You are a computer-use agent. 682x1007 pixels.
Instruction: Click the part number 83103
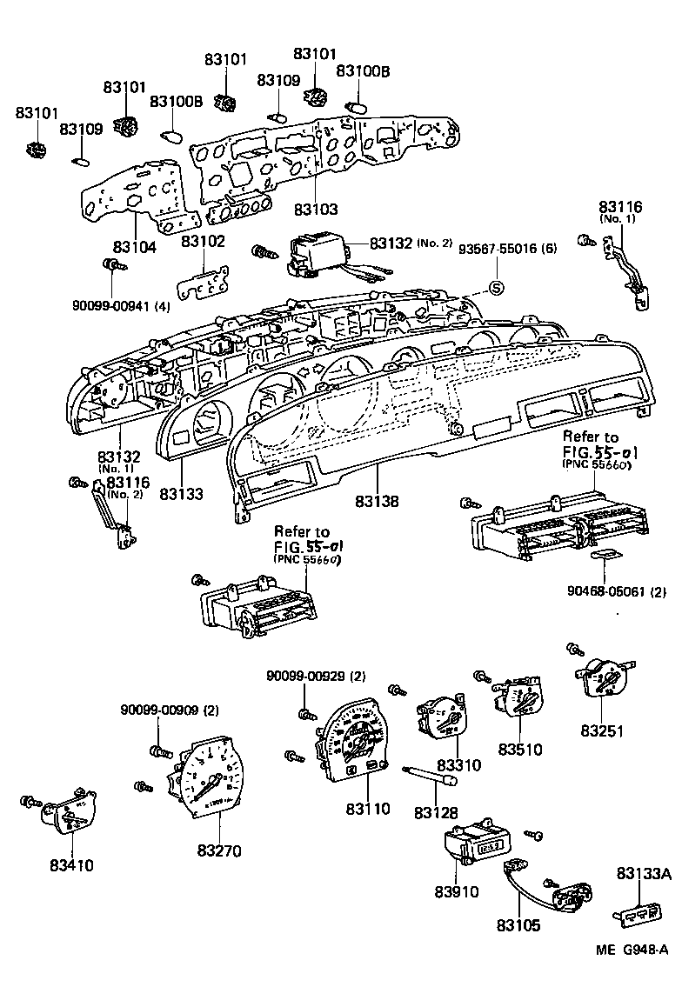point(315,210)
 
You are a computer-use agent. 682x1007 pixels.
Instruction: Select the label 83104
point(134,247)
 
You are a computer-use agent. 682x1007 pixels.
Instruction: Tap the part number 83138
point(377,502)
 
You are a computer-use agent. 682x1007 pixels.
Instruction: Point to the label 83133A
point(644,874)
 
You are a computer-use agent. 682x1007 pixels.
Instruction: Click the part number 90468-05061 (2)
point(618,592)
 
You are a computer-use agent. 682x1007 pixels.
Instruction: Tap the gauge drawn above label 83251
point(606,679)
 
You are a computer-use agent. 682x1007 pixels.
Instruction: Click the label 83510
point(520,749)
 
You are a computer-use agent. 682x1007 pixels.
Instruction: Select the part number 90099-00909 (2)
point(170,710)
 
